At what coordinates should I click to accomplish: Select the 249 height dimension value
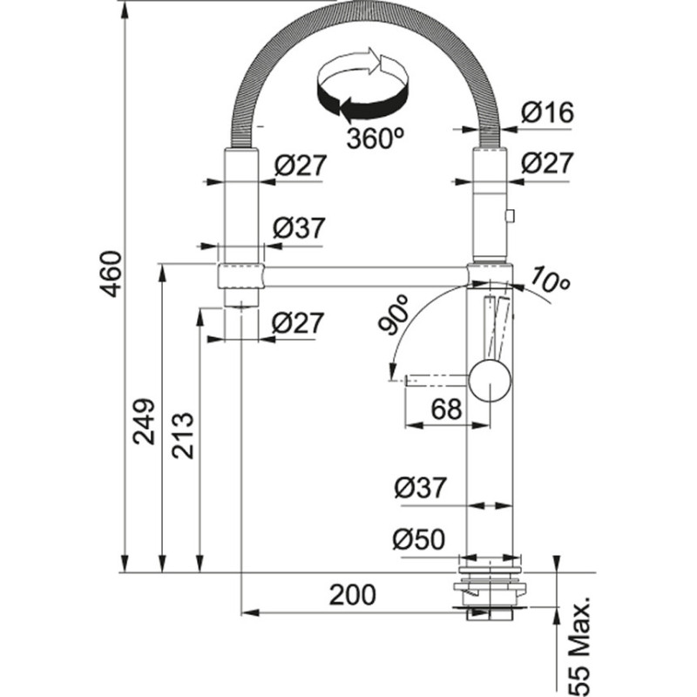point(145,421)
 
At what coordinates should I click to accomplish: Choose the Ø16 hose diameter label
point(547,112)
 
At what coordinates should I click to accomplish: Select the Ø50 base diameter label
point(419,540)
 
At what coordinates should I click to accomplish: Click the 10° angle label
point(548,281)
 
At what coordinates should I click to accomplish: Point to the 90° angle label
point(395,315)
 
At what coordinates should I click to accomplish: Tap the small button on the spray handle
point(510,214)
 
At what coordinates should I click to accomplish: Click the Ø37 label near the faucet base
point(420,489)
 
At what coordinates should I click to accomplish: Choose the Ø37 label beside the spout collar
point(298,228)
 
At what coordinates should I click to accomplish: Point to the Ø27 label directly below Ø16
point(547,164)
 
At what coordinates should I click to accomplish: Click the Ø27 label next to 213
point(298,322)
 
